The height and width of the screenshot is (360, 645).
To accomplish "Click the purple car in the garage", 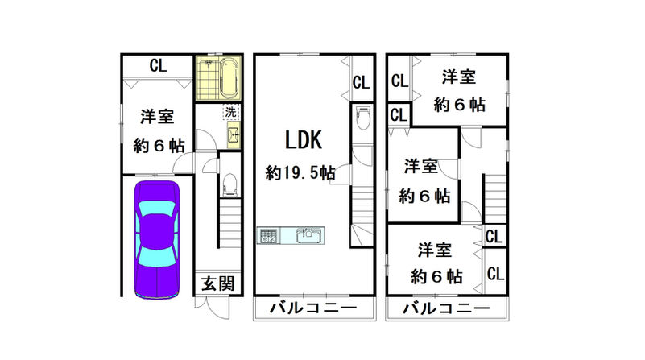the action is pos(157,238).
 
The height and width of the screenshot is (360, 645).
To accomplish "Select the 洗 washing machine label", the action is pos(230,113).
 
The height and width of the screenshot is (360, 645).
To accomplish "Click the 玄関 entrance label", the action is pos(217,283).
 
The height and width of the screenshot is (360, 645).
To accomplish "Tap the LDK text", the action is pos(304,141).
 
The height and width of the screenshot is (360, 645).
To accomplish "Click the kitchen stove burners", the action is pos(267,236).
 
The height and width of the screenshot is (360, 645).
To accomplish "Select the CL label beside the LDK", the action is pos(360,81).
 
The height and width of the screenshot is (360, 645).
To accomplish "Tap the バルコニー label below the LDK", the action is pos(314,308).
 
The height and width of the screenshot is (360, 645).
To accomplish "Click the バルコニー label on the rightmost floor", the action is pos(445,308).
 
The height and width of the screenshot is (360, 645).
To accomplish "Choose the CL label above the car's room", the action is pos(158,65).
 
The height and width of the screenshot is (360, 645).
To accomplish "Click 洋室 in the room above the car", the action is pos(157,116).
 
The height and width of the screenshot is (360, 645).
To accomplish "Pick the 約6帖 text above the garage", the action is pos(158,146).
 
